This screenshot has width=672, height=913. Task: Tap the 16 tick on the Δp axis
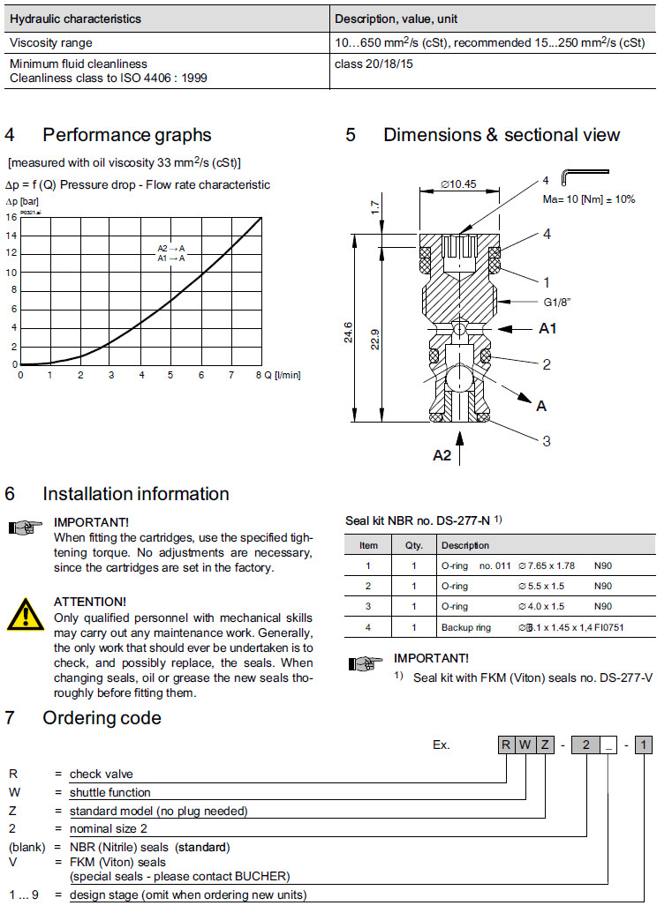pos(11,217)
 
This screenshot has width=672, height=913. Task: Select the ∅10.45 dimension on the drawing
pos(457,184)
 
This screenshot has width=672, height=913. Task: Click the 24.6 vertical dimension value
pos(349,333)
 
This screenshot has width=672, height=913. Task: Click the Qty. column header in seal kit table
pos(413,545)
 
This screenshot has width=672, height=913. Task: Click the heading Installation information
pos(136,494)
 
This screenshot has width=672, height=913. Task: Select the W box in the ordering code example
pos(525,745)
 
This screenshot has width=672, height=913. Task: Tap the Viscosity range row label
pos(50,41)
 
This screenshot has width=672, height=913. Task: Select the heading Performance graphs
pos(127,135)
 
